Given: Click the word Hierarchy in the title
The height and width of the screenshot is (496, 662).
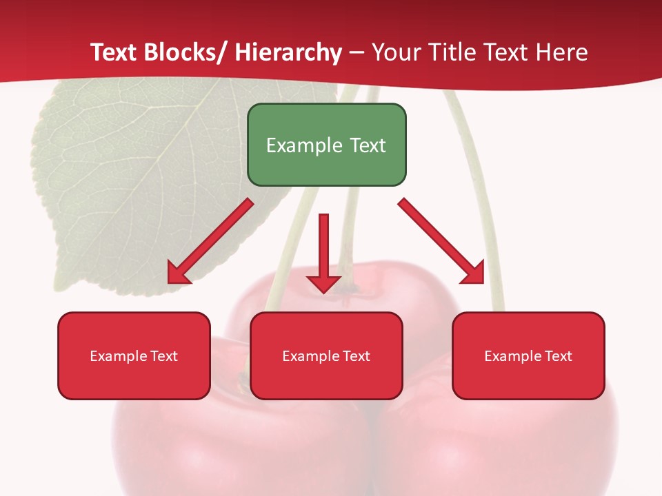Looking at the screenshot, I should click(288, 52).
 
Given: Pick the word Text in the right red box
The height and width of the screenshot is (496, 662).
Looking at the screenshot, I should click(557, 356).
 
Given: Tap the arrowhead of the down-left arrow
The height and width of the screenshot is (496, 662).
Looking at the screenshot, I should click(178, 273).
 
